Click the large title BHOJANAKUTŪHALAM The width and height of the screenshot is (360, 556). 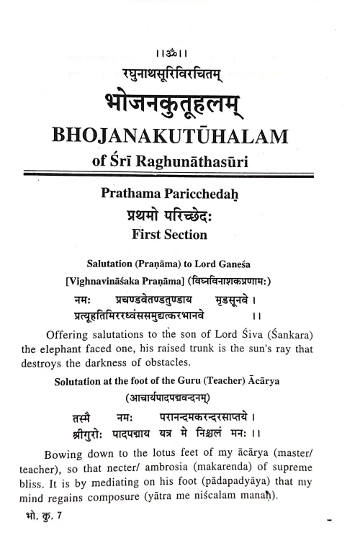(x=181, y=137)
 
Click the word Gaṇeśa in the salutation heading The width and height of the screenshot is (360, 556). (x=236, y=263)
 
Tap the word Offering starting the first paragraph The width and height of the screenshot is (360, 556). (x=71, y=335)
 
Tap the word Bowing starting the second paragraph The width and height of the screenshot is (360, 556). (x=66, y=455)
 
